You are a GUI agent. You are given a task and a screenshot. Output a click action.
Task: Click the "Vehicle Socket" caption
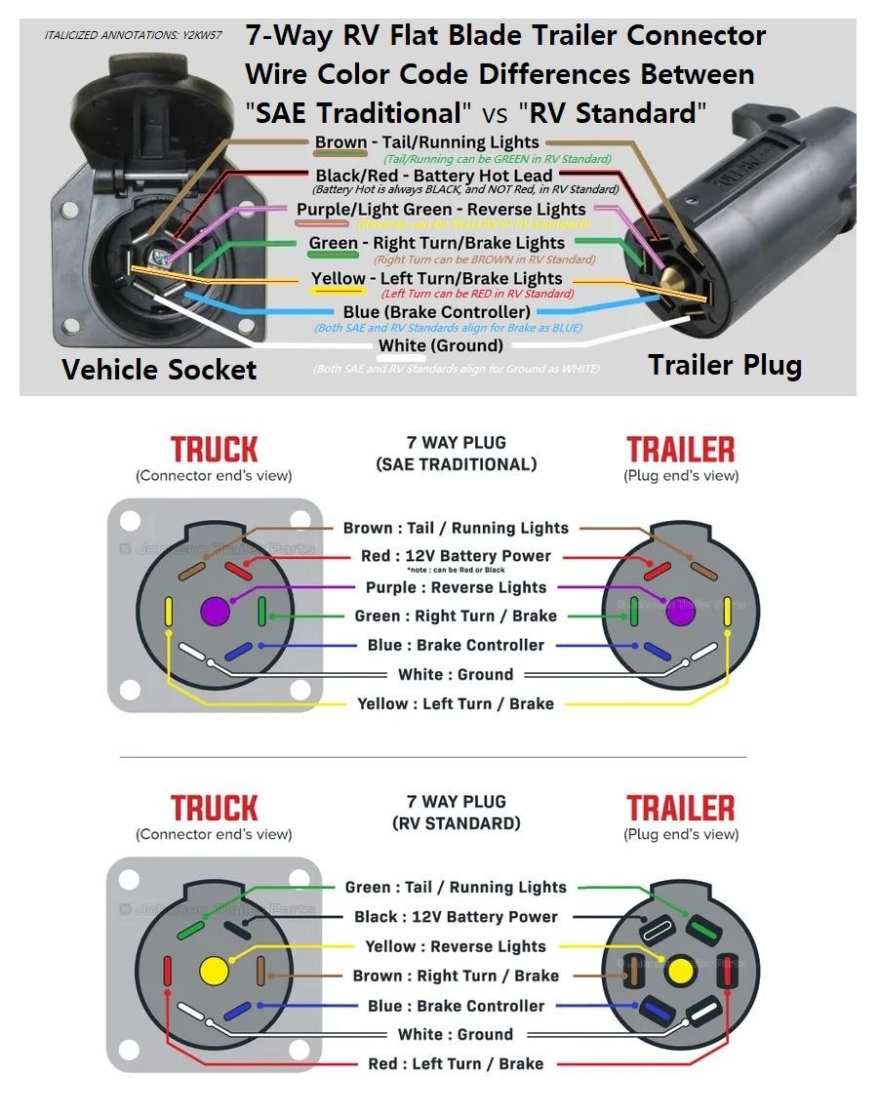tap(159, 370)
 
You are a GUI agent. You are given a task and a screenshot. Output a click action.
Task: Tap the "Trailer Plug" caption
tap(725, 365)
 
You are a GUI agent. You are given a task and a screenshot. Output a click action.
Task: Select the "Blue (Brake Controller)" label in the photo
tap(436, 312)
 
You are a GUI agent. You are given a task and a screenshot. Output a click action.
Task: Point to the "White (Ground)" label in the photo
tap(441, 345)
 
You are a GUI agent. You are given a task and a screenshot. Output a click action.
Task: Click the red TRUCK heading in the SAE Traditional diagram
tap(214, 450)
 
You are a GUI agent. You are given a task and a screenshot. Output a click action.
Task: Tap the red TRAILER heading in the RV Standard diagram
tap(680, 809)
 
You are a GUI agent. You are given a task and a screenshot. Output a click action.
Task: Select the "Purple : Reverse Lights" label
tap(456, 587)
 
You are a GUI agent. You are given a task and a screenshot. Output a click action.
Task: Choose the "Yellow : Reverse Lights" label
tap(456, 946)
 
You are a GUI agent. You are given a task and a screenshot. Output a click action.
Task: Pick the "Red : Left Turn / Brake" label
tap(456, 1063)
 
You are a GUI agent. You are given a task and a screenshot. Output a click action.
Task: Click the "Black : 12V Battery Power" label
tap(456, 917)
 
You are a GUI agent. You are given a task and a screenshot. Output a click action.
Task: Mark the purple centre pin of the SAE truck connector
tap(214, 613)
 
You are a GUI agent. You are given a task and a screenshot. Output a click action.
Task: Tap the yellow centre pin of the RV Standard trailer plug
tap(679, 972)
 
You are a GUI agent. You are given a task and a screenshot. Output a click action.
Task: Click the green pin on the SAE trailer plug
tap(633, 611)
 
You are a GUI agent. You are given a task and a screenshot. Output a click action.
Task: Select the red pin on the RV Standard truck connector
tap(168, 972)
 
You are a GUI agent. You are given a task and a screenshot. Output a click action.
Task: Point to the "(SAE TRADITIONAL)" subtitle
tap(456, 464)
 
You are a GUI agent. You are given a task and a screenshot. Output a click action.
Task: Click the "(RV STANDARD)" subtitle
tap(456, 823)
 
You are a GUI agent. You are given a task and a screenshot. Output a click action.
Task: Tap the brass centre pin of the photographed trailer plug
tap(672, 278)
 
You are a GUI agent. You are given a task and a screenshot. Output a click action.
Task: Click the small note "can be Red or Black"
tap(456, 570)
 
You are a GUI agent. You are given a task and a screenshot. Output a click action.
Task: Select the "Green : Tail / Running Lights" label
tap(456, 887)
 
